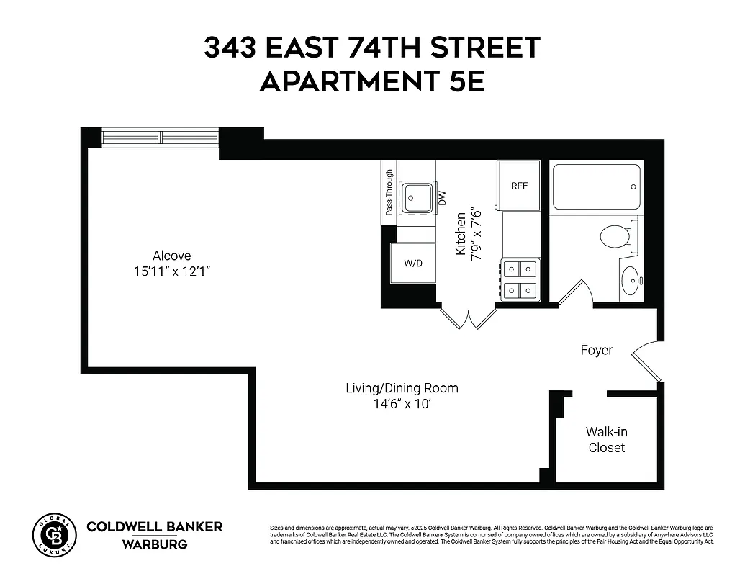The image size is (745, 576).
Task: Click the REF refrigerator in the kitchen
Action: (x=519, y=186)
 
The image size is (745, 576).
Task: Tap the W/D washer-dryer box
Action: (x=412, y=264)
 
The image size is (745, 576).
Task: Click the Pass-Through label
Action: (x=389, y=192)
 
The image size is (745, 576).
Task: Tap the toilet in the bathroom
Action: (x=617, y=235)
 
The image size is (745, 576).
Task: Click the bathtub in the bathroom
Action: (x=595, y=187)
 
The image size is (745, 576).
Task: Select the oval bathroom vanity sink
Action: (x=628, y=280)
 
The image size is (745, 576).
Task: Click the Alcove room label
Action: (x=171, y=256)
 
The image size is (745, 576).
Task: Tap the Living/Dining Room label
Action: (x=402, y=388)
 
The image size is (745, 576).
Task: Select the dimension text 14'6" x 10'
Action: (x=402, y=404)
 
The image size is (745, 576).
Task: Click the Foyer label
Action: (x=597, y=351)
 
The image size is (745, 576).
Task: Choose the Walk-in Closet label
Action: (x=606, y=440)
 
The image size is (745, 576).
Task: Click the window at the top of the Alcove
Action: (x=160, y=137)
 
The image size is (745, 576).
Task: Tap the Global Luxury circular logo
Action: (x=54, y=536)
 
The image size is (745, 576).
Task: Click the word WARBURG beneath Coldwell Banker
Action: (x=155, y=544)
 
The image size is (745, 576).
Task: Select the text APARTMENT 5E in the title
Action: (x=371, y=81)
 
